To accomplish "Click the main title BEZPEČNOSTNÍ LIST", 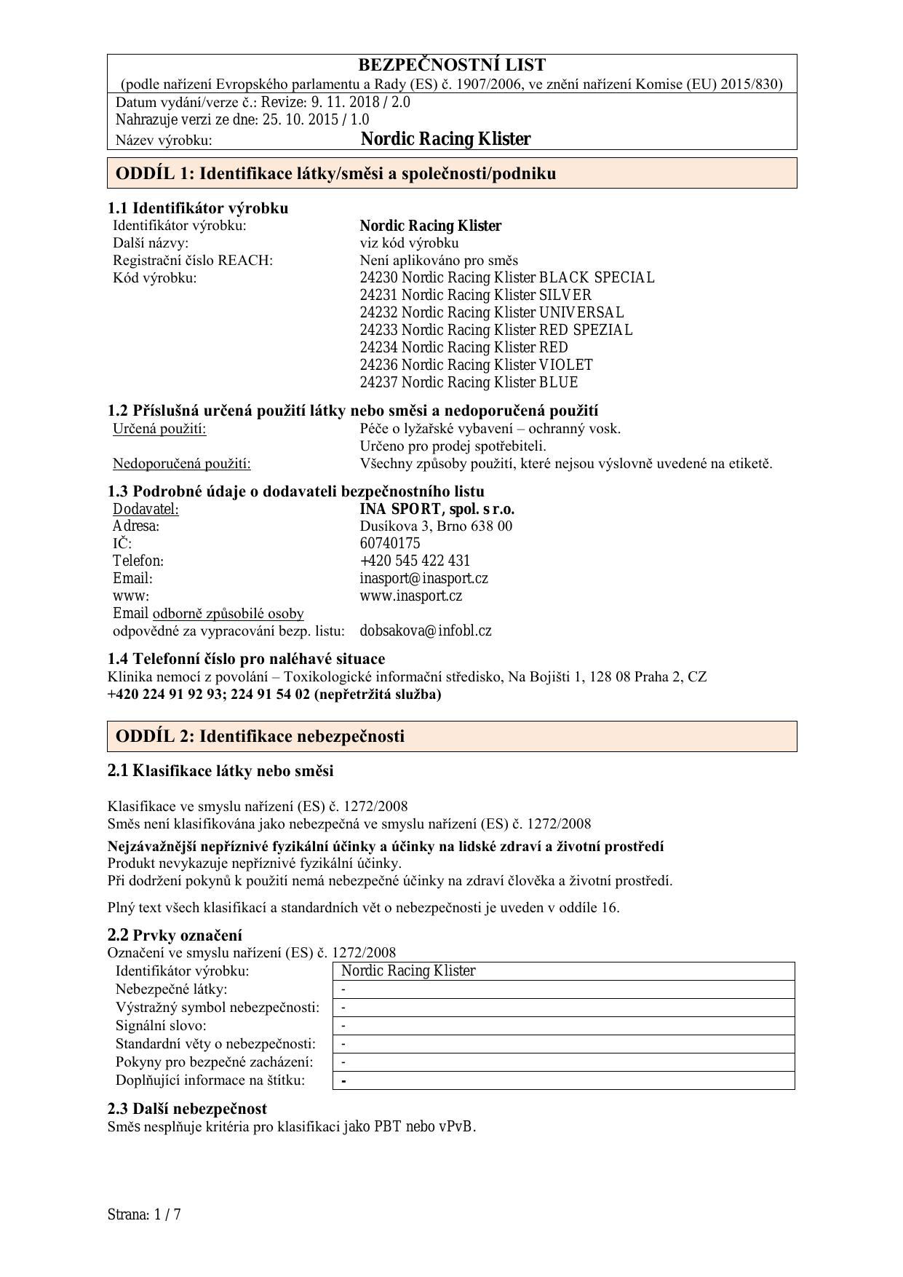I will click(451, 65).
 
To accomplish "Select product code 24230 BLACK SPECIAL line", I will click(506, 277).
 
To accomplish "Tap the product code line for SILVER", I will click(475, 295).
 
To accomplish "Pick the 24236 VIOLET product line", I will click(476, 365).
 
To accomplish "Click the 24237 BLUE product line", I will click(469, 382).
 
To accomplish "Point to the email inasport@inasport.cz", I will click(423, 578).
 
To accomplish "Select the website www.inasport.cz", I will click(410, 596).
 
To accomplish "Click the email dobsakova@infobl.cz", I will click(425, 630).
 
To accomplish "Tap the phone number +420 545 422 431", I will click(415, 561).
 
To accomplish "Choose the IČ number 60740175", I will click(389, 543).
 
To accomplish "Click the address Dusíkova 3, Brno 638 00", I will click(435, 526).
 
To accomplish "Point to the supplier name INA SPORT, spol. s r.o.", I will click(437, 509).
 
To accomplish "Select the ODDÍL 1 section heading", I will click(335, 173).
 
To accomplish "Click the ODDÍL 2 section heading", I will click(260, 736).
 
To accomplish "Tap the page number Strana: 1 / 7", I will click(143, 1214).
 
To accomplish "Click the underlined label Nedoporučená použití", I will click(181, 464).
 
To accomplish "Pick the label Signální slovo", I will click(161, 1026).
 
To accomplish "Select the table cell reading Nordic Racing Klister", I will click(408, 970).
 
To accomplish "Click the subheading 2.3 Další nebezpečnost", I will click(187, 1108).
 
